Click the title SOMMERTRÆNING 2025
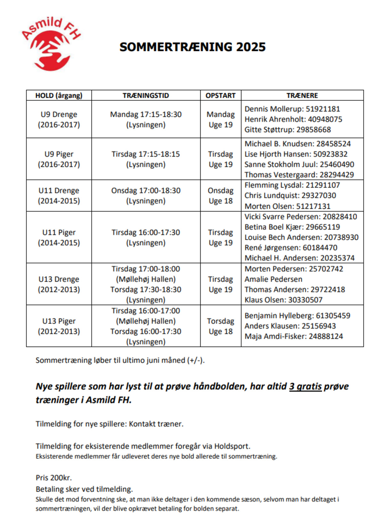tap(192, 47)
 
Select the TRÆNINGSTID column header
tap(146, 95)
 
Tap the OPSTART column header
tap(220, 95)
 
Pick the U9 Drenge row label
tap(59, 119)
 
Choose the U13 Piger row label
tap(59, 326)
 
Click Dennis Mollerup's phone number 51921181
tap(323, 109)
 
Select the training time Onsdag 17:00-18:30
tap(146, 191)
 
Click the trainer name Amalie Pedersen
tap(273, 279)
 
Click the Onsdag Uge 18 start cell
tap(220, 196)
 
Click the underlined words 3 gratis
tap(305, 386)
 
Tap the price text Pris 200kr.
tap(54, 478)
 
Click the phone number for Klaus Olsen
tap(305, 300)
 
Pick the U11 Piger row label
tap(59, 237)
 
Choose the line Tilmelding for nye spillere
tap(109, 424)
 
